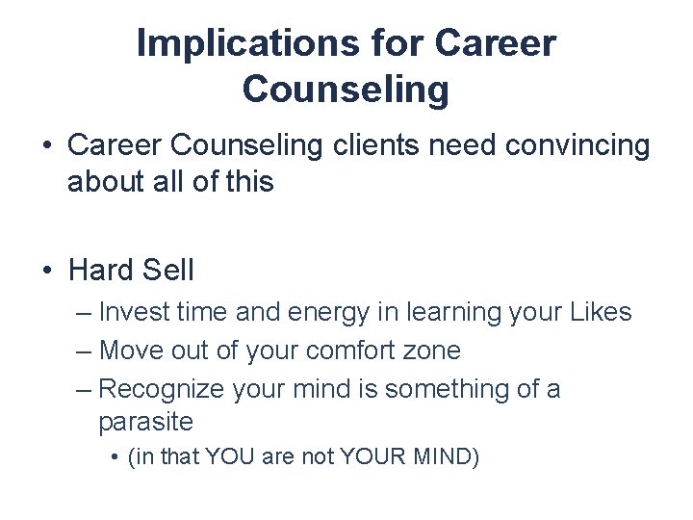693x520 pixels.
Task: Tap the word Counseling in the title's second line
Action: point(346,89)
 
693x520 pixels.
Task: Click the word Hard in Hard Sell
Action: point(100,271)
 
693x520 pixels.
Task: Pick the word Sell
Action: point(167,271)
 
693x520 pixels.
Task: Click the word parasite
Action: point(145,422)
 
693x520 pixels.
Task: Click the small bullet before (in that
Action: point(115,456)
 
